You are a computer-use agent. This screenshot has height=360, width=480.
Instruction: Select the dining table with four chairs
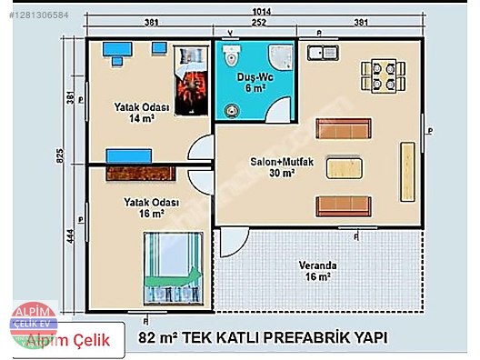[382, 73]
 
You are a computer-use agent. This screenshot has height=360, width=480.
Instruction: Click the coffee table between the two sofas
[345, 167]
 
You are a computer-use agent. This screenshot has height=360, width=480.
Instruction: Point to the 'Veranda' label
[317, 265]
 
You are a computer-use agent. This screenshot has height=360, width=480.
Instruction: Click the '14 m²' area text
[140, 118]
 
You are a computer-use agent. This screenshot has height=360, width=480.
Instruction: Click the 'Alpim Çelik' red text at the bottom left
[69, 341]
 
